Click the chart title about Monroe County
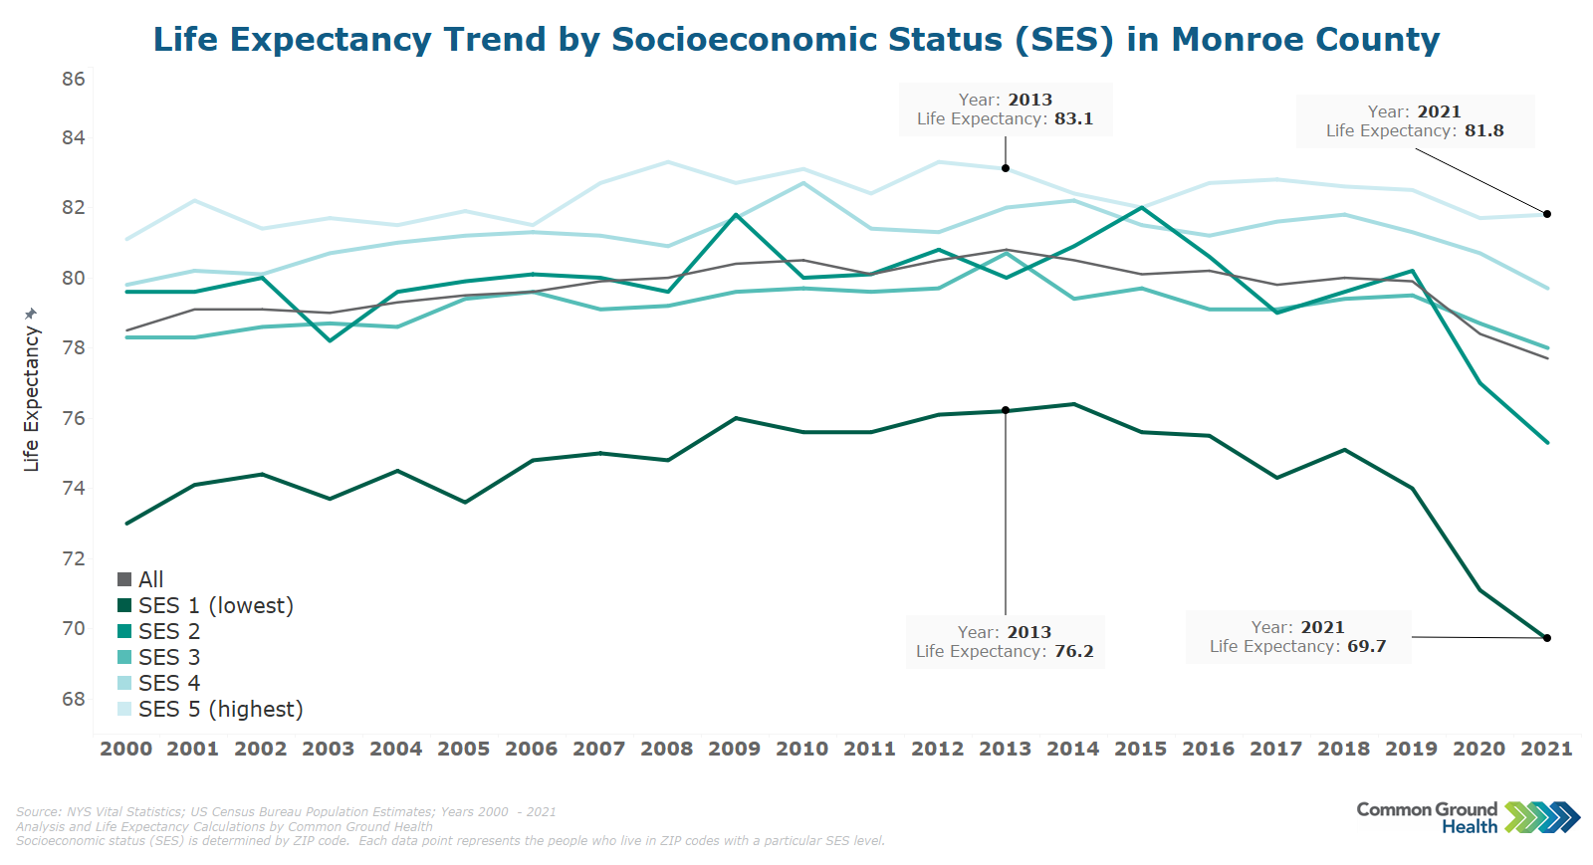tap(796, 40)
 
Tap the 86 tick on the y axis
tap(74, 80)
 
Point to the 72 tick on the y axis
tap(74, 558)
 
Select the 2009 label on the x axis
tap(735, 749)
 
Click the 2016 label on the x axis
tap(1209, 749)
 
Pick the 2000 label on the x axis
tap(126, 749)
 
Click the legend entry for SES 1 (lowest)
tap(215, 605)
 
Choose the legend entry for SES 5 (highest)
tap(220, 709)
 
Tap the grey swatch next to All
tap(124, 579)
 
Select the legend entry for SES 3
tap(169, 657)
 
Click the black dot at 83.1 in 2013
tap(1006, 168)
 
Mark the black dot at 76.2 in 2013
tap(1006, 410)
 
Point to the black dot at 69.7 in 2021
tap(1547, 638)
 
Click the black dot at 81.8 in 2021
tap(1547, 214)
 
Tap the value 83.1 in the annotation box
tap(1073, 118)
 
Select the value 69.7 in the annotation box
tap(1366, 646)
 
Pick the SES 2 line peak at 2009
tap(736, 215)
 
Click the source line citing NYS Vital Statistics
tap(286, 812)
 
